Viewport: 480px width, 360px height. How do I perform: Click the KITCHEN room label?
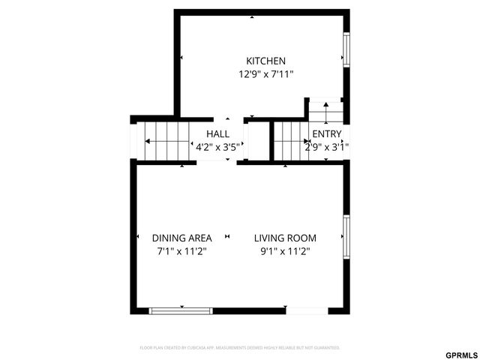[x=265, y=61]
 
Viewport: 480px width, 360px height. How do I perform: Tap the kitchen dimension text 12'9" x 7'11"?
[x=265, y=74]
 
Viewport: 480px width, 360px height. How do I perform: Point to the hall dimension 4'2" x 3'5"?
[x=217, y=147]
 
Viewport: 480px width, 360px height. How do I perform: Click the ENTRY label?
[x=326, y=134]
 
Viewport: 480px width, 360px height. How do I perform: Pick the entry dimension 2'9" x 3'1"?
[x=326, y=147]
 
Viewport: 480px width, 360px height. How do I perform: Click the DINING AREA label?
[x=181, y=238]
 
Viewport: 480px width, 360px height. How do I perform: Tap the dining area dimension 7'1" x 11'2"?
[x=181, y=251]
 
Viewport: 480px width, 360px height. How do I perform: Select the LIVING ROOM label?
[x=285, y=238]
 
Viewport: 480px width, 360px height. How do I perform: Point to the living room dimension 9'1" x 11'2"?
[x=285, y=251]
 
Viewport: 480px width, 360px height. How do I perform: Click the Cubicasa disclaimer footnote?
[x=240, y=348]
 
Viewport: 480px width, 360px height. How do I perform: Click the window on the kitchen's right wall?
[x=346, y=49]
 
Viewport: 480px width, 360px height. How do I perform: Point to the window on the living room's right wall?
[x=346, y=236]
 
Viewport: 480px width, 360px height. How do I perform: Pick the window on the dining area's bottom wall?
[x=181, y=310]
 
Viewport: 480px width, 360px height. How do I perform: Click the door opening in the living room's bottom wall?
[x=306, y=310]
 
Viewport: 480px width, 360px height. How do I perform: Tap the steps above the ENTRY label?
[x=325, y=113]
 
